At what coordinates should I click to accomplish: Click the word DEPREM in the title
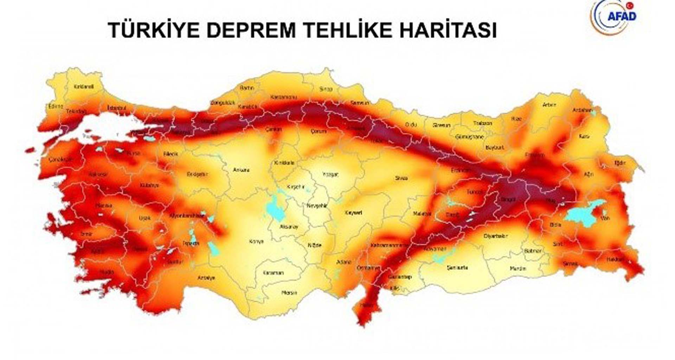pos(251,30)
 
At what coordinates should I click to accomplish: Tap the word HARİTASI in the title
pos(448,30)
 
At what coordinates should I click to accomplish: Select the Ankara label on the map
pos(241,170)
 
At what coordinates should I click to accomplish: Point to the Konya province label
pos(256,242)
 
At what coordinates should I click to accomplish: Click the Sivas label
pos(401,178)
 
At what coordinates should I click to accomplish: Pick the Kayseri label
pos(353,213)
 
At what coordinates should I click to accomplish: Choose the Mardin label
pos(518,269)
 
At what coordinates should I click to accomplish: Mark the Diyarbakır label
pos(496,236)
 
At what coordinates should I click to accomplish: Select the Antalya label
pos(206,278)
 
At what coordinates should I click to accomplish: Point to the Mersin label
pos(289,293)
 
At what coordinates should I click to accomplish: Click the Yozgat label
pos(330,174)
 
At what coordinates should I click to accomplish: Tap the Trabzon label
pos(482,123)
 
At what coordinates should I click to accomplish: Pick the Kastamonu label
pos(284,97)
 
